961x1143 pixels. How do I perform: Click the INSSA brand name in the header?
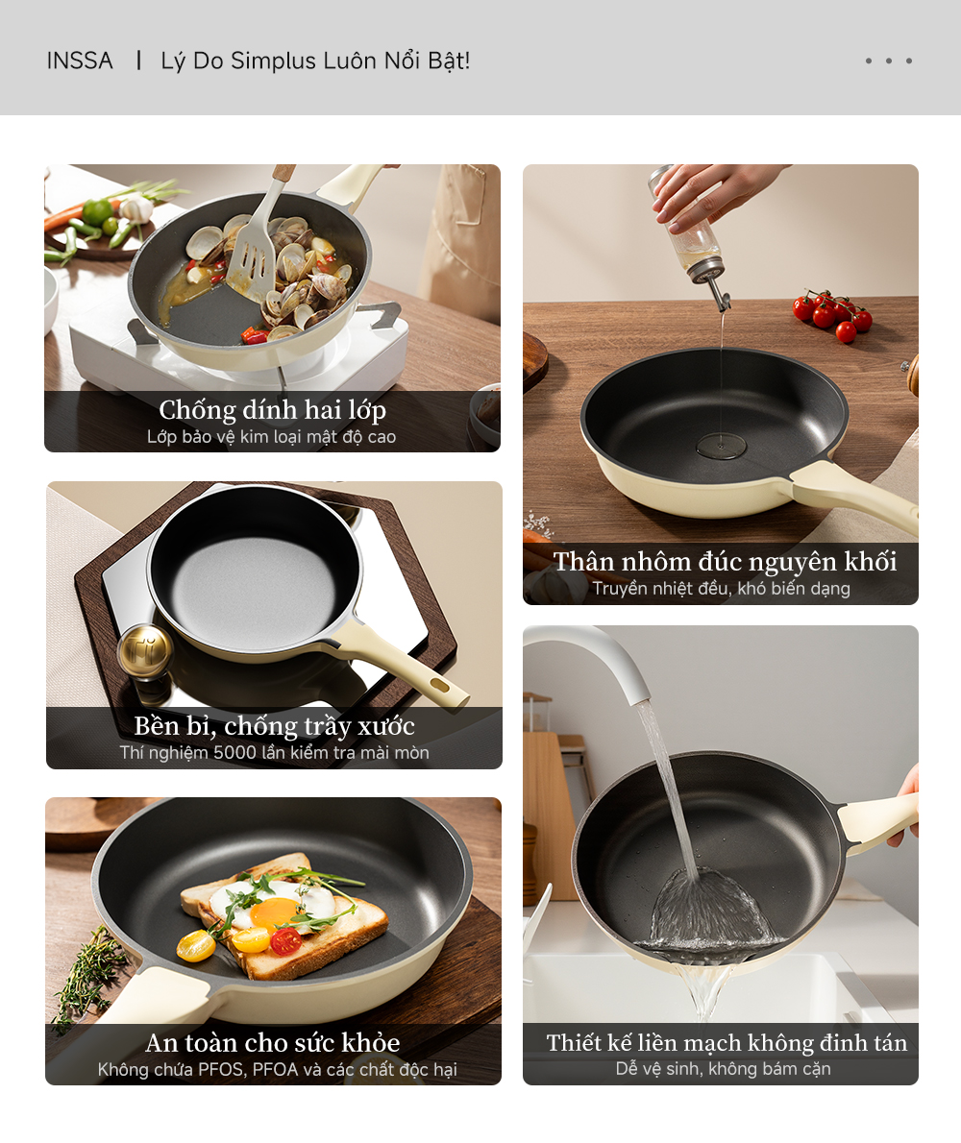pyautogui.click(x=80, y=61)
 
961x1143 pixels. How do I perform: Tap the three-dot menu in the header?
pyautogui.click(x=888, y=61)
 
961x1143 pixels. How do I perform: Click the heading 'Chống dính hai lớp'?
pyautogui.click(x=272, y=410)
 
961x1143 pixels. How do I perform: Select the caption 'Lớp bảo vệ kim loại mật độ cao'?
pyautogui.click(x=272, y=437)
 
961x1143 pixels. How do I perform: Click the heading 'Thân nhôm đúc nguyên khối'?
pyautogui.click(x=725, y=562)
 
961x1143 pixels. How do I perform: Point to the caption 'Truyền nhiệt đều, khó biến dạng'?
pyautogui.click(x=721, y=589)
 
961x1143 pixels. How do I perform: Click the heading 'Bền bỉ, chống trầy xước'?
pyautogui.click(x=274, y=725)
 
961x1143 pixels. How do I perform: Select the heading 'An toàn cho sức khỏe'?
pyautogui.click(x=273, y=1042)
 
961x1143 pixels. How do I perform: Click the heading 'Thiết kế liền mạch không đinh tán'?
pyautogui.click(x=727, y=1042)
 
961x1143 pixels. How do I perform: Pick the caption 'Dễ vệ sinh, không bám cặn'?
pyautogui.click(x=723, y=1068)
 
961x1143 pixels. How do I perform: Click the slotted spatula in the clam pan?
pyautogui.click(x=253, y=251)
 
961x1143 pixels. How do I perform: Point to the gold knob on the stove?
pyautogui.click(x=145, y=650)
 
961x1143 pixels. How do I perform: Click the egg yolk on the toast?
pyautogui.click(x=272, y=912)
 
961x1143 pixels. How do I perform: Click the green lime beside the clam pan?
pyautogui.click(x=97, y=212)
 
